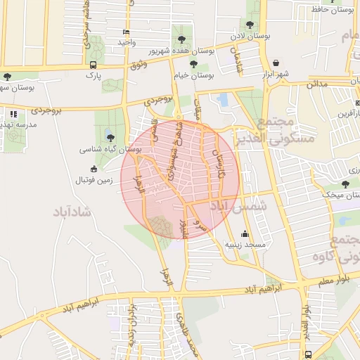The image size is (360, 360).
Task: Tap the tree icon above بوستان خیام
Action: (193, 65)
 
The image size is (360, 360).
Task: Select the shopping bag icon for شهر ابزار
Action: (275, 63)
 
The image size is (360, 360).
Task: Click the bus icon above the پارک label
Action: (92, 64)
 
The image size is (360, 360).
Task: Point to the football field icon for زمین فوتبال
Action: (94, 169)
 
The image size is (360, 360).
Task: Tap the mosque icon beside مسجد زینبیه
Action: (245, 234)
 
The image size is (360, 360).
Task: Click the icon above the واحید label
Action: (126, 32)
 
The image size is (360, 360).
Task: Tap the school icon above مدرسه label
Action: (13, 113)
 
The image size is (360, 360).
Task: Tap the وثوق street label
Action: (138, 65)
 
